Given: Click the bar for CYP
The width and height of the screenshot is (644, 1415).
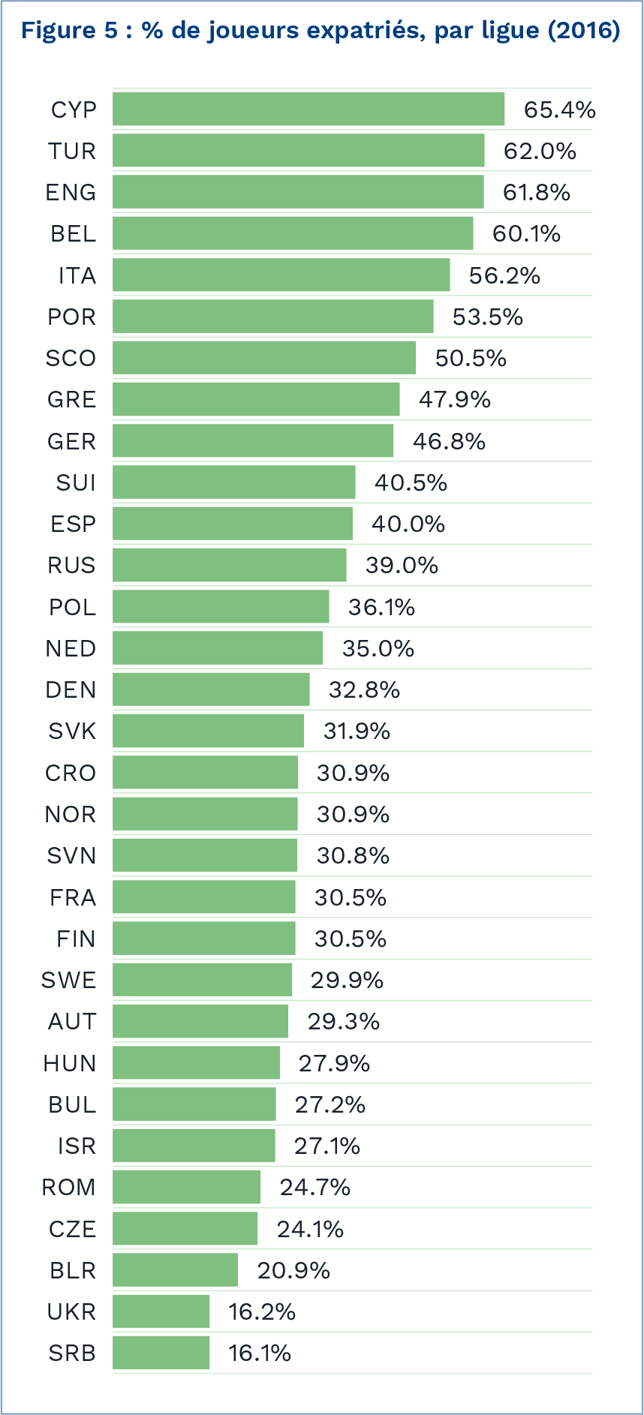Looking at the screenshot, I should (308, 110).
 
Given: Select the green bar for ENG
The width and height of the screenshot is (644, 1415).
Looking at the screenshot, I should (298, 192).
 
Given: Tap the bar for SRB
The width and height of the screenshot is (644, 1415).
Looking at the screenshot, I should (161, 1353).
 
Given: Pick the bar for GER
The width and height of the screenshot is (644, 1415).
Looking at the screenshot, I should (253, 441).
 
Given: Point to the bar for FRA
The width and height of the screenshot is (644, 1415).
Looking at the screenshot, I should (204, 897).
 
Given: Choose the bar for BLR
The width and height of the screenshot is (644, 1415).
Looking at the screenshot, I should (175, 1270).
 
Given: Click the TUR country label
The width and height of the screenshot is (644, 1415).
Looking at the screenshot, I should (72, 152).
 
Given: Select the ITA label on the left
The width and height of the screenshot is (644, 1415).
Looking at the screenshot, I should (77, 276).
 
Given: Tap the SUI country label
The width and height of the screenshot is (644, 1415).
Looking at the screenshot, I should (76, 482).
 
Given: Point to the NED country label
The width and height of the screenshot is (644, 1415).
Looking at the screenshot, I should (71, 648).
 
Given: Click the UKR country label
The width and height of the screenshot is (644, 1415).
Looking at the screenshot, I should (71, 1311).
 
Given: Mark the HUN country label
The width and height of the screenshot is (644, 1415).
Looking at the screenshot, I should (70, 1063).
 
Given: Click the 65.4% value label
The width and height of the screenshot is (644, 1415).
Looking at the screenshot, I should (559, 110).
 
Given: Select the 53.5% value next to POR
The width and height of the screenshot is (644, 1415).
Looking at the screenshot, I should (487, 317).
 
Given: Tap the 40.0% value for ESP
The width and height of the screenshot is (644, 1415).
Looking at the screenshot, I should (408, 524).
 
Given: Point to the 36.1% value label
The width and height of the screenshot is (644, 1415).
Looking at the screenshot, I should (381, 607).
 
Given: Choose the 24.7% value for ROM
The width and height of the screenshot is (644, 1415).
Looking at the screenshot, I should (315, 1187).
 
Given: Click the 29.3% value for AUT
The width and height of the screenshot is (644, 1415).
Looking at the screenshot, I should (344, 1021).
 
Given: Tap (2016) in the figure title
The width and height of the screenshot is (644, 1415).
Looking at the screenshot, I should (583, 31).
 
